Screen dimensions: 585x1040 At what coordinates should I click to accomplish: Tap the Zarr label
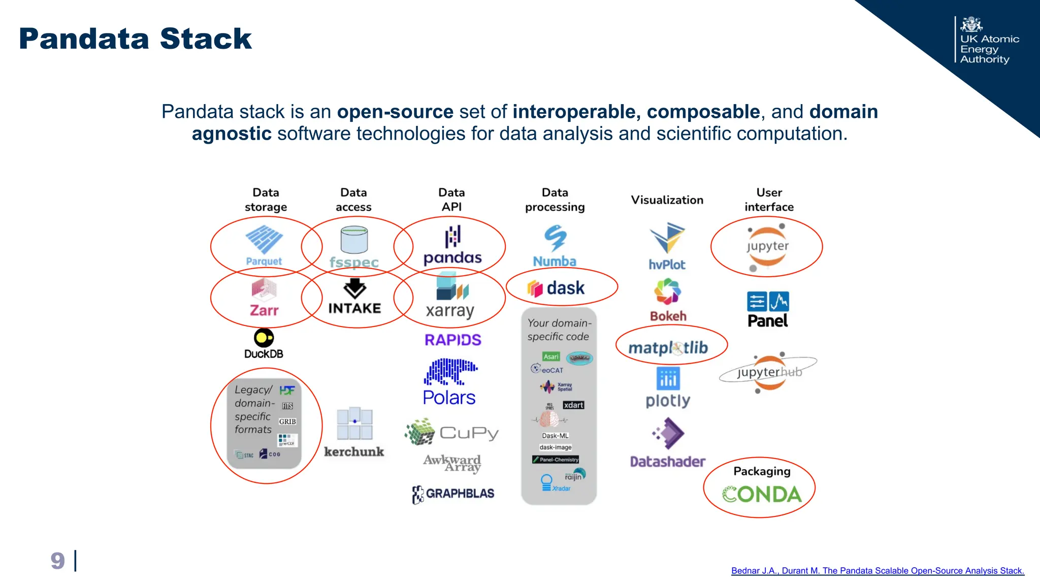[264, 310]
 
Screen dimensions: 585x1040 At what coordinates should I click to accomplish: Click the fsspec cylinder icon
[354, 240]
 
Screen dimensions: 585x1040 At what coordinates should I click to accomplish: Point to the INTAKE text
[354, 308]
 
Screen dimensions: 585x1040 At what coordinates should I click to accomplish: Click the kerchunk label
[354, 451]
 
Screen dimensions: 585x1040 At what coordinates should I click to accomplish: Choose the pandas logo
[452, 246]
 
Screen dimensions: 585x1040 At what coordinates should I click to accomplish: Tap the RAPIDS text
[452, 340]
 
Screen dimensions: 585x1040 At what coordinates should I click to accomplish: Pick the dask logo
[557, 288]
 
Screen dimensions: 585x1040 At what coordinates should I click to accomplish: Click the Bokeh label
[668, 316]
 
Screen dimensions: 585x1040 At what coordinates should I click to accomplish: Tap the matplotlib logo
[668, 348]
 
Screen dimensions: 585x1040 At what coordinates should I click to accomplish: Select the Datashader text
[667, 462]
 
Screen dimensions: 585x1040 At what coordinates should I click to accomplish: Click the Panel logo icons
[767, 302]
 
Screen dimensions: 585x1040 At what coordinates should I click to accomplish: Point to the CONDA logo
[761, 494]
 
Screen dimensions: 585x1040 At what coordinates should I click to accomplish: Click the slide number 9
[57, 561]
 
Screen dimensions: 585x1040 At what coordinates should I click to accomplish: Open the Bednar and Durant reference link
[877, 571]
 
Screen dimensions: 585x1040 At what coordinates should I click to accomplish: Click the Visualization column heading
[667, 200]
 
